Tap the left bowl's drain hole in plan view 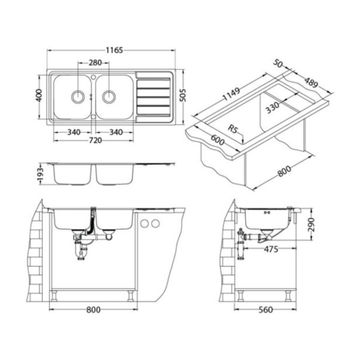click(x=78, y=96)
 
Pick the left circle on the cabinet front click(x=145, y=224)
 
